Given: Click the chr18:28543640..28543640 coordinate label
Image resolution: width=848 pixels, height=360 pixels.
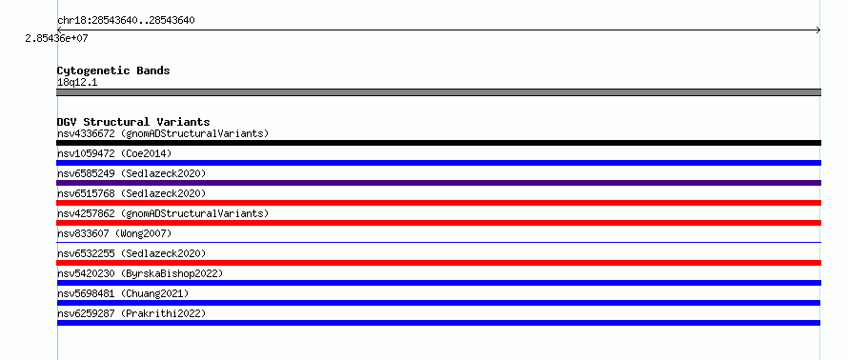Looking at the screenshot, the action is [x=126, y=21].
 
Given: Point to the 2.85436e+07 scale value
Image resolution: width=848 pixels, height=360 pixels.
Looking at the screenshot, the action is [x=57, y=39].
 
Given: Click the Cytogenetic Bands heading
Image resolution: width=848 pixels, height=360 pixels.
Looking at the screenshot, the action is [x=113, y=70].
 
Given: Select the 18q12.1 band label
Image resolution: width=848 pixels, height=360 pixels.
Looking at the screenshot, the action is [x=77, y=83].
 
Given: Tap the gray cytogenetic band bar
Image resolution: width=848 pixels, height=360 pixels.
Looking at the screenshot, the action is [x=438, y=92].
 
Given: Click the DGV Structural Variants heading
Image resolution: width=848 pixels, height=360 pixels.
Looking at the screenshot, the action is [x=133, y=122].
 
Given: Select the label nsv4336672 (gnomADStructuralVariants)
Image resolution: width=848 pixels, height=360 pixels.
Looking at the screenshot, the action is [x=163, y=133].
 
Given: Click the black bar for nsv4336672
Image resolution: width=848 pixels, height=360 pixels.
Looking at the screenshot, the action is [x=438, y=143].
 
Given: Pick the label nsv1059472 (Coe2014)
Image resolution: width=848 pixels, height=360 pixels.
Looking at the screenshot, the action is [x=114, y=153].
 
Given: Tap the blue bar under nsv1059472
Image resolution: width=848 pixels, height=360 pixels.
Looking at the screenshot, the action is [x=438, y=163].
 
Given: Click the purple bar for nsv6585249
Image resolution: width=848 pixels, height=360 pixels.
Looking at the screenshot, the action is [x=438, y=183].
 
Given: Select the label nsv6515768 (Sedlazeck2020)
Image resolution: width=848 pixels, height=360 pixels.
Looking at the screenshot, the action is [x=131, y=193].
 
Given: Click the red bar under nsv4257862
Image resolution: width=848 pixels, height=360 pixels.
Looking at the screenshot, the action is [x=438, y=223].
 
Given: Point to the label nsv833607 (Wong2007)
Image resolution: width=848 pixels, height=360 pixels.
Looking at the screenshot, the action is [x=114, y=233].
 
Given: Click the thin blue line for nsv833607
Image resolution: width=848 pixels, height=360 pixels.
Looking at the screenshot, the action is [x=438, y=242].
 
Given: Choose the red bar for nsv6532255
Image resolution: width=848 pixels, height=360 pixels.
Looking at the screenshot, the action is [x=438, y=263].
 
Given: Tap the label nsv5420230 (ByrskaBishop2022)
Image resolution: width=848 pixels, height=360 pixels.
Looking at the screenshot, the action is [x=140, y=273].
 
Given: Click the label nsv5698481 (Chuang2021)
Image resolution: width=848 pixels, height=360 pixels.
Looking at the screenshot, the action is [x=123, y=293].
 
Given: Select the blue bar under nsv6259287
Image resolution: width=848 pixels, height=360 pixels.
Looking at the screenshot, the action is [x=438, y=323].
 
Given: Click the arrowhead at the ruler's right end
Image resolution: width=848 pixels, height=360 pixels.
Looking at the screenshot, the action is [x=818, y=30].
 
